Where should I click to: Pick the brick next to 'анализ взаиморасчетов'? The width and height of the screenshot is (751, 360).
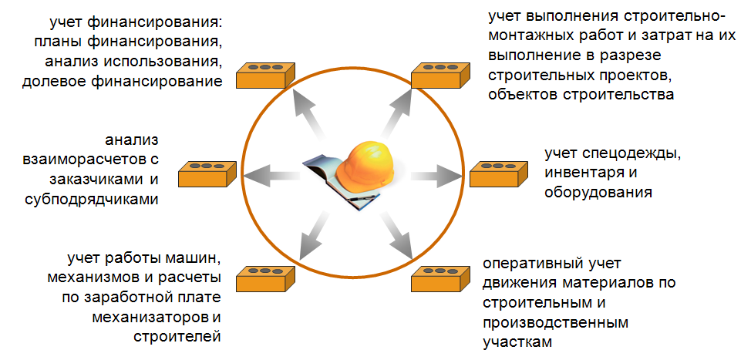(206, 175)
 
